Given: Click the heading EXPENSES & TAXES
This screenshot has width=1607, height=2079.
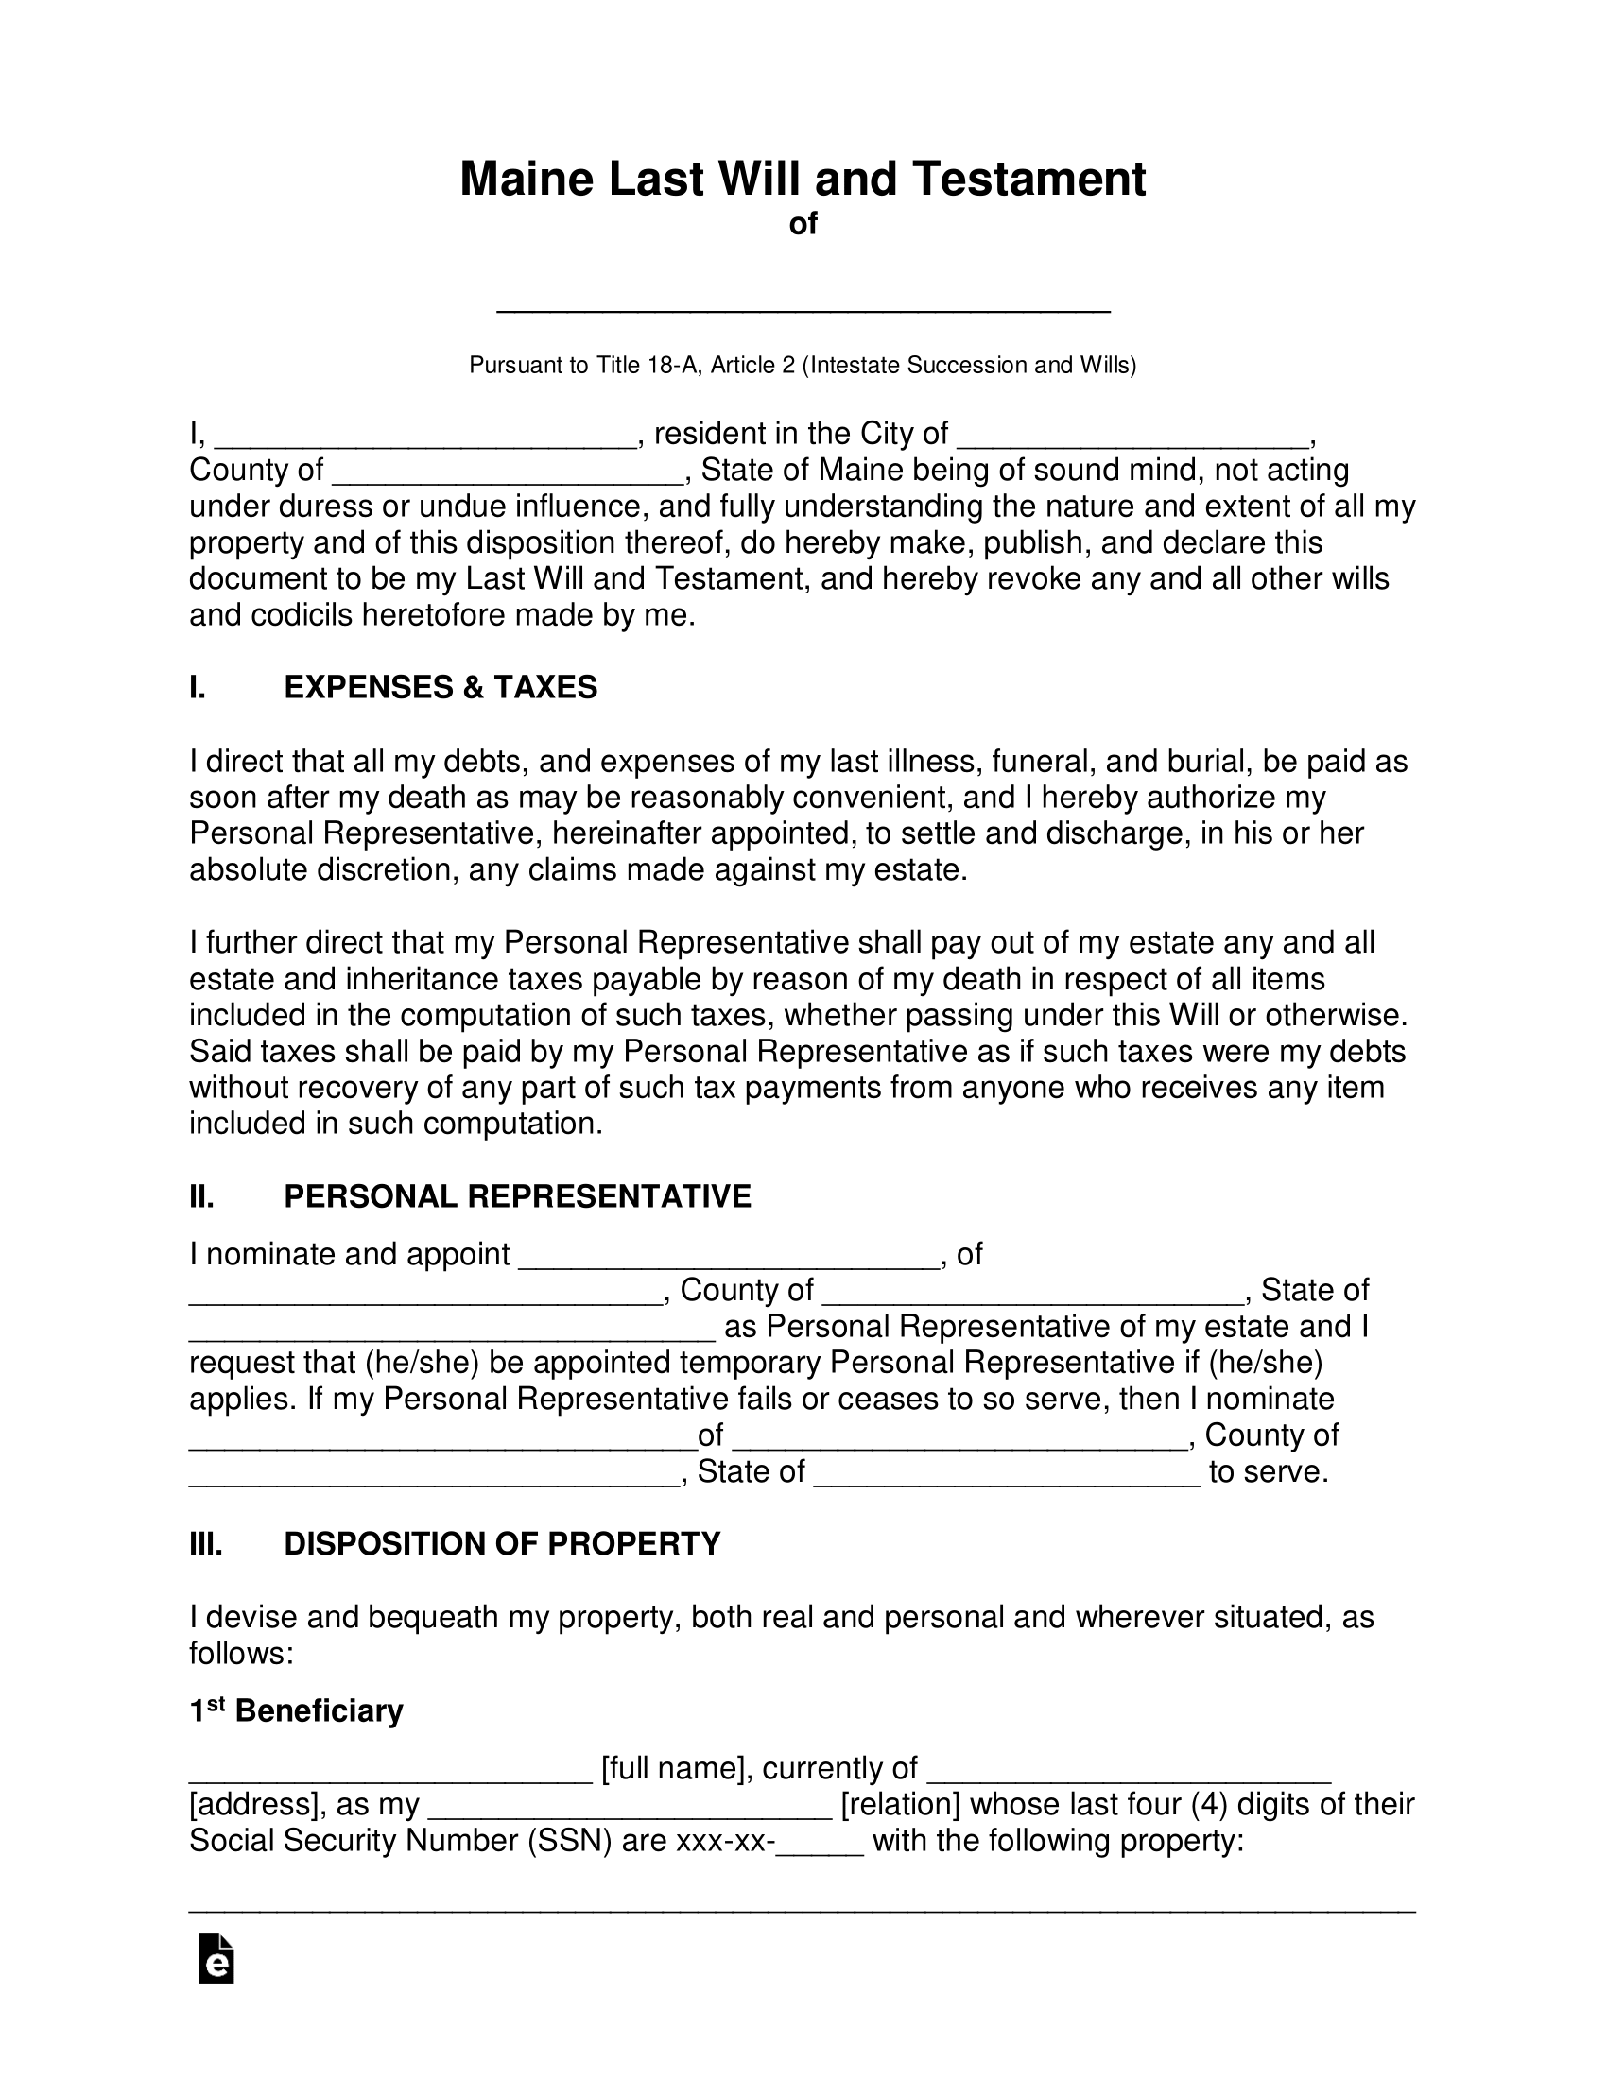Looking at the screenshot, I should pos(440,687).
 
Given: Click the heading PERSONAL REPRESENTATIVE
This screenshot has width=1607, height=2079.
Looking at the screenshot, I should pos(517,1196).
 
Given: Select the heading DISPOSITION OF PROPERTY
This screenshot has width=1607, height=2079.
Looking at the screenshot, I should pos(502,1543).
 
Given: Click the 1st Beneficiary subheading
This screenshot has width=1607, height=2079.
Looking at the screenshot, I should pos(296,1711).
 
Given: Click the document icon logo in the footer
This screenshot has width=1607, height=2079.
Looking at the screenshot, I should pos(216,1959).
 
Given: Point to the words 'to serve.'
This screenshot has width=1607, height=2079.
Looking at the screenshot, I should pos(1268,1472).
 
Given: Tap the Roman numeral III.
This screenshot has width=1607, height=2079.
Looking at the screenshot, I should pos(206,1543).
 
